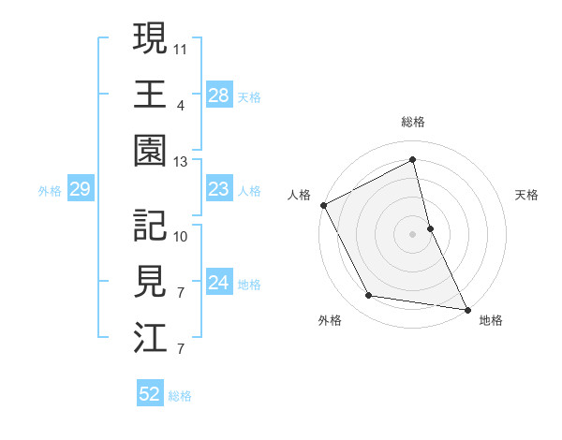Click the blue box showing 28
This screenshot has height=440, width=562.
tap(219, 95)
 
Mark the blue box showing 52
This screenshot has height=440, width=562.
tap(150, 395)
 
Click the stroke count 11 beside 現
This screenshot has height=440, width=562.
tap(181, 46)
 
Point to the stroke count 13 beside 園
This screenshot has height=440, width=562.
tap(181, 161)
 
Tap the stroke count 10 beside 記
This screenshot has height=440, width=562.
tap(181, 235)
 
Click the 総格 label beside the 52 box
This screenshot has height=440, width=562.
tap(181, 396)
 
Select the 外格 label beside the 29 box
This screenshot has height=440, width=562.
tap(50, 191)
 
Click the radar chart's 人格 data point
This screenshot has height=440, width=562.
tap(323, 205)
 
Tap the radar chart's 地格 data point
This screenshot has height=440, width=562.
tap(466, 308)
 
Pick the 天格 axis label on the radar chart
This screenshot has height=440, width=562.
tap(527, 195)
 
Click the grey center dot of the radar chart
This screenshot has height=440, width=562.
tap(412, 233)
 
